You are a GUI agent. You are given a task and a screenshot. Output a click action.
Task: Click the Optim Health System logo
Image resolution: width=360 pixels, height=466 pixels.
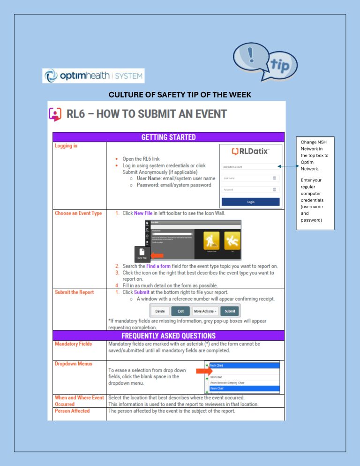click(x=93, y=75)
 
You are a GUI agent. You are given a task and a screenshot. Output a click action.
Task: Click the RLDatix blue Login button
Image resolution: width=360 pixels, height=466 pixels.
click(x=251, y=202)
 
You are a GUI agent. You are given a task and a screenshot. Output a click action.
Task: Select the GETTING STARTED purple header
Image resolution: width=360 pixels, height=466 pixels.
click(x=168, y=137)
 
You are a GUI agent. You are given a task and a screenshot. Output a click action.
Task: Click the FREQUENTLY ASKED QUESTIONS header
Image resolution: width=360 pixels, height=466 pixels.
click(x=168, y=336)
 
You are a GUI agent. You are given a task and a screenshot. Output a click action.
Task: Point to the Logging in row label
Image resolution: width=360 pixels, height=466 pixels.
click(x=66, y=146)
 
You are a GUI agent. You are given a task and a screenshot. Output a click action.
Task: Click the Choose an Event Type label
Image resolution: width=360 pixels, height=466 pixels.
click(x=78, y=213)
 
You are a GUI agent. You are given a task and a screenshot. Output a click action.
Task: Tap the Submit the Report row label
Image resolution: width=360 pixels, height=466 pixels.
click(x=74, y=292)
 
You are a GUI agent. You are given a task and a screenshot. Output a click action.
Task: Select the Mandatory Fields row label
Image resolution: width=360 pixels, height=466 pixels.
click(x=73, y=344)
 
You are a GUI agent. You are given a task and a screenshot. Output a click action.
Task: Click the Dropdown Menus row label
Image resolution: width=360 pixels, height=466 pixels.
click(x=74, y=364)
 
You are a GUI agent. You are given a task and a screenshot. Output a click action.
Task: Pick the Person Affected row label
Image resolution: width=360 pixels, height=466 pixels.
click(x=72, y=411)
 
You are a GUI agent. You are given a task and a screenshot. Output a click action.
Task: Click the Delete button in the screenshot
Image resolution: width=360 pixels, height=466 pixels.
click(x=160, y=311)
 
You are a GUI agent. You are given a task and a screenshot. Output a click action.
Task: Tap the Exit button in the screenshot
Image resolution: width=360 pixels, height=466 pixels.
click(x=180, y=311)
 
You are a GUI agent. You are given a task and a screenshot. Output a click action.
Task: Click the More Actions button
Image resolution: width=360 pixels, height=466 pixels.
click(x=205, y=311)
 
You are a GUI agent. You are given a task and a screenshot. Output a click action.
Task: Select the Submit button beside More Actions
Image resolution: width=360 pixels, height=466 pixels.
click(x=230, y=311)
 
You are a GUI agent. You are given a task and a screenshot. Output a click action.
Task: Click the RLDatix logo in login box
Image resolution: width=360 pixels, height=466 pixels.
click(x=251, y=151)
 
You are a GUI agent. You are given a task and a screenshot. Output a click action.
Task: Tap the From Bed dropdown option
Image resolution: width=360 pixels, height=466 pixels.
click(x=216, y=376)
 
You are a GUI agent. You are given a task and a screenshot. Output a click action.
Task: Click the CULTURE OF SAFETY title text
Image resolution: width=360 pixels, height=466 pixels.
click(x=180, y=95)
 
